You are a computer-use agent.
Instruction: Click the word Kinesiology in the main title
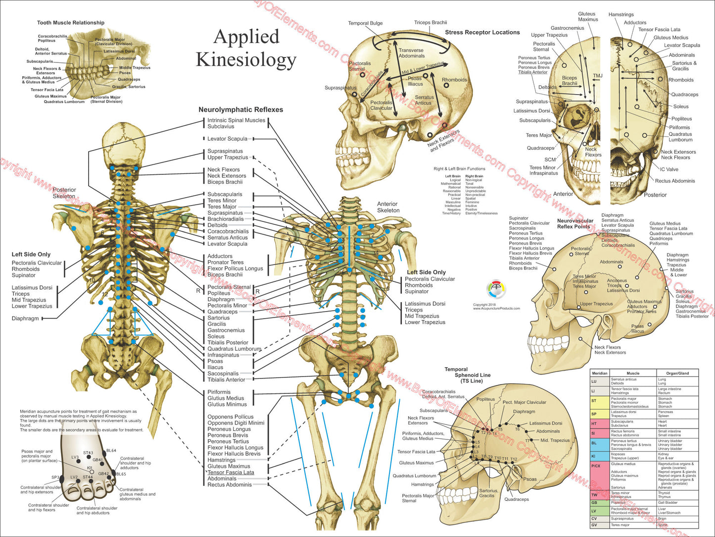(246, 60)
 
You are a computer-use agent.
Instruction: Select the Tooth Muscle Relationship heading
(71, 23)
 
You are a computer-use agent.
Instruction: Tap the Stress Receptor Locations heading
(482, 32)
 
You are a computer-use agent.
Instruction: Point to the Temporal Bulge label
(365, 23)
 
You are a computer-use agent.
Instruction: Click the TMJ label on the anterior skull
(598, 76)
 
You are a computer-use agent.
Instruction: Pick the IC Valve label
(669, 169)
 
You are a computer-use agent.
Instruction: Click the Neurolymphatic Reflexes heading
(240, 109)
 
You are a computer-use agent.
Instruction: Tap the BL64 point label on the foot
(111, 451)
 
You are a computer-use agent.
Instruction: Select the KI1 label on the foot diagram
(90, 468)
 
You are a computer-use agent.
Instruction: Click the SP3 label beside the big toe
(55, 478)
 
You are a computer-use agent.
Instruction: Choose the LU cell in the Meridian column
(594, 381)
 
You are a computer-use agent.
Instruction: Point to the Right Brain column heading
(474, 176)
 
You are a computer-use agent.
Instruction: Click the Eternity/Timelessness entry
(481, 214)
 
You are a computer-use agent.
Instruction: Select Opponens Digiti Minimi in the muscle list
(236, 423)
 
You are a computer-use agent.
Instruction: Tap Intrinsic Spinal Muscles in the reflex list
(236, 120)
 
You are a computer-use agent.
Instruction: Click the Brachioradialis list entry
(225, 219)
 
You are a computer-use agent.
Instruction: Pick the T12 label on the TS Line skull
(514, 459)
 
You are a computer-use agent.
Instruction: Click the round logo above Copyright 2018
(496, 290)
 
